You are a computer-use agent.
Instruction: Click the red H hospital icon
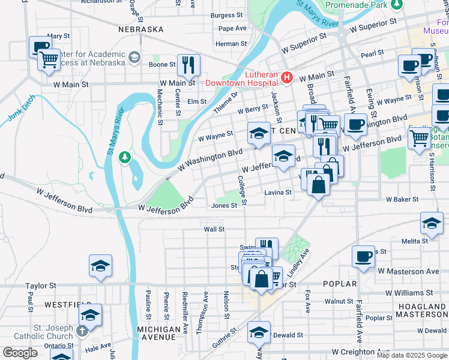point(287,77)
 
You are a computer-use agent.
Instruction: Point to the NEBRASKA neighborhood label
point(141,29)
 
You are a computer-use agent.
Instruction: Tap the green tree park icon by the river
point(124,157)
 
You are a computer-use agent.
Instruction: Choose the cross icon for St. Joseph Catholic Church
point(82,330)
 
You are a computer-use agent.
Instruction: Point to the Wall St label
point(214,229)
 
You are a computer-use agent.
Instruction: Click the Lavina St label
point(278,193)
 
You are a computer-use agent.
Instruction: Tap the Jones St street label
point(225,205)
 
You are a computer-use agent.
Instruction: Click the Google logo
point(19,353)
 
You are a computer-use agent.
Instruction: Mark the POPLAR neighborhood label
point(340,284)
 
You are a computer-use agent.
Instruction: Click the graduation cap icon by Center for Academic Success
point(134,58)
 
